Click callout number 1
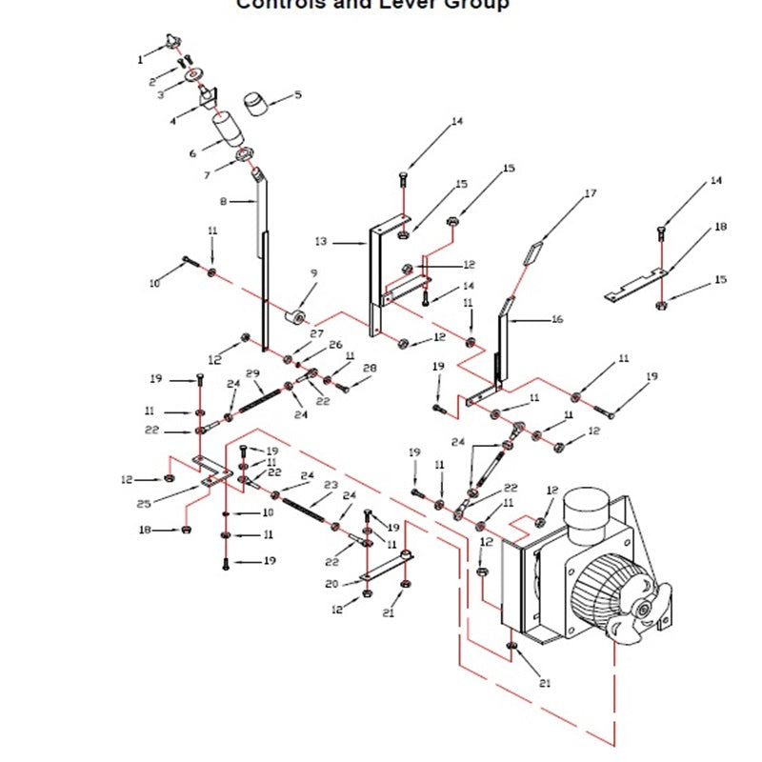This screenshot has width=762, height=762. [x=139, y=59]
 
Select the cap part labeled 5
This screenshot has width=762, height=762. [x=256, y=101]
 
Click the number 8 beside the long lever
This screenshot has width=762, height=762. [x=224, y=202]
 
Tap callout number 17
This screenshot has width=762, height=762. [x=591, y=194]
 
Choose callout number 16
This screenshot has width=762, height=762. [x=557, y=320]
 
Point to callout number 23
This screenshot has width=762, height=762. [x=331, y=484]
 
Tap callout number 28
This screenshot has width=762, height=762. [x=370, y=368]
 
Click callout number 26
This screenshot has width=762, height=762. [x=335, y=345]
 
